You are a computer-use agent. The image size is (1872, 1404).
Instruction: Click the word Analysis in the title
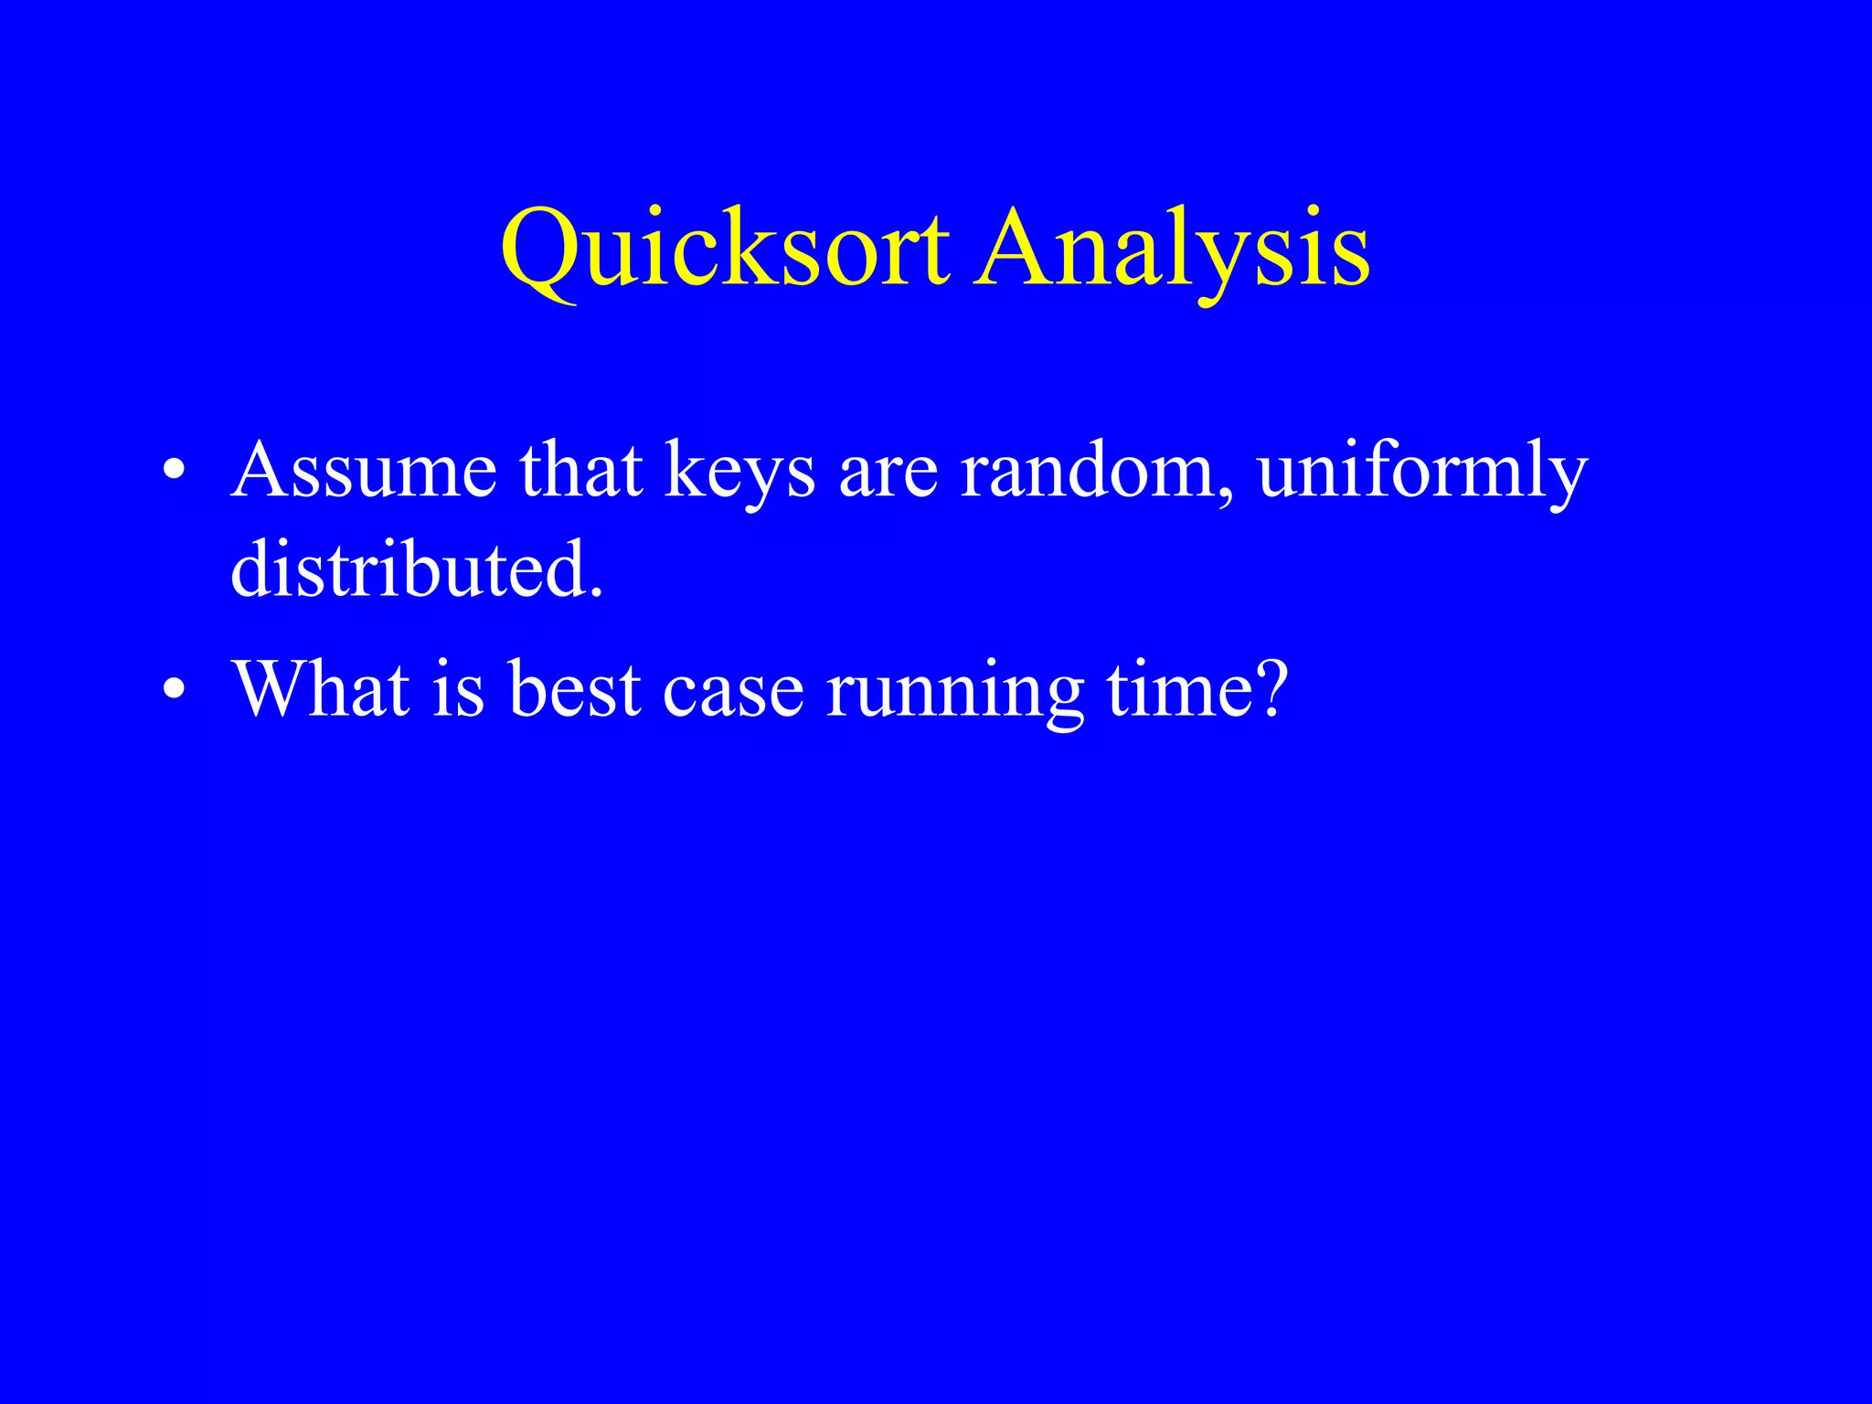coord(1171,250)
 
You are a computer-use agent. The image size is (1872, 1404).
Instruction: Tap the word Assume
coord(364,471)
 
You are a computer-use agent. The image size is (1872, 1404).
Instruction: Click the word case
coord(733,690)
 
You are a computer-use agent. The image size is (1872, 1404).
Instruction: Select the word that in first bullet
coord(581,471)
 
